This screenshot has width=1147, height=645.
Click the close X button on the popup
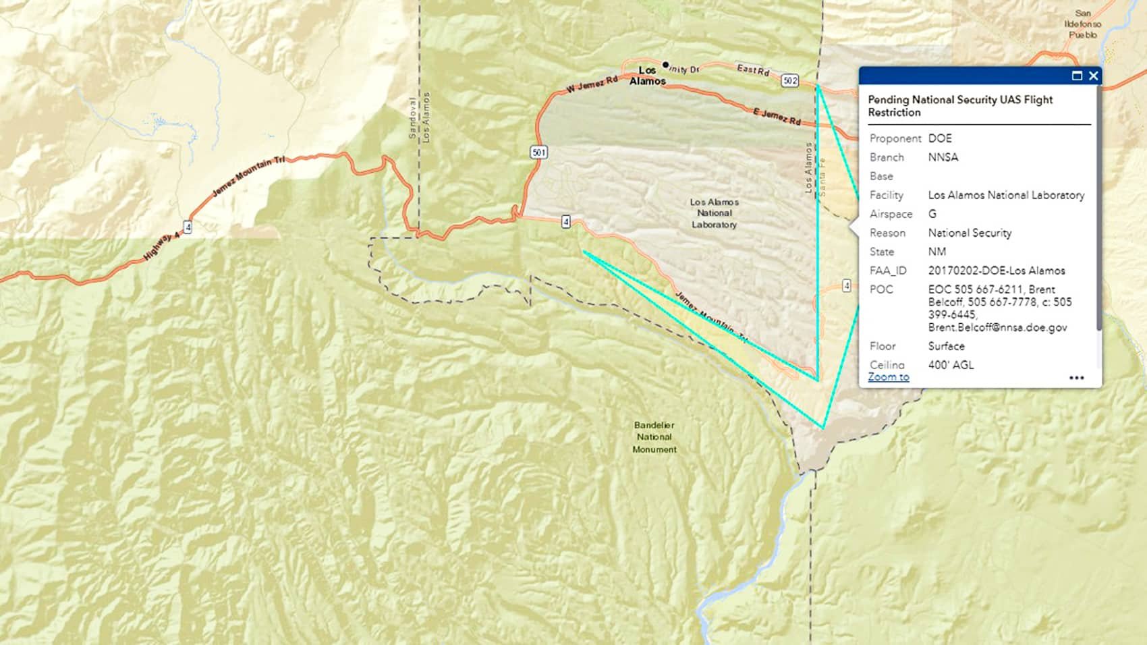point(1094,76)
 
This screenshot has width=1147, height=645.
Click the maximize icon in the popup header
point(1077,76)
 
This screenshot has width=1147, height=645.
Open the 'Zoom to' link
point(888,377)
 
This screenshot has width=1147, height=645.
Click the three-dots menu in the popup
point(1077,378)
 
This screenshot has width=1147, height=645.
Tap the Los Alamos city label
point(647,76)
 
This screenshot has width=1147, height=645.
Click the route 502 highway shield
point(790,81)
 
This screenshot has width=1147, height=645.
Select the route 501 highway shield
point(538,152)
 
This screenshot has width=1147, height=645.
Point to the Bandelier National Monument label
point(654,437)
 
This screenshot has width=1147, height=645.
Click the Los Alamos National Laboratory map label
point(714,213)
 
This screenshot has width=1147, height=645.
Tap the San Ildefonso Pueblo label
point(1082,24)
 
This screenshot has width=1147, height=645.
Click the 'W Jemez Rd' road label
point(592,84)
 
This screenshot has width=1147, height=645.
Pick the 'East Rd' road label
point(752,69)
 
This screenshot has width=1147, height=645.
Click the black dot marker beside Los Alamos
point(666,65)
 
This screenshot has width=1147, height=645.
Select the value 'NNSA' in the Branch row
point(943,157)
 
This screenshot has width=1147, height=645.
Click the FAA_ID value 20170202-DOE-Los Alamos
point(996,271)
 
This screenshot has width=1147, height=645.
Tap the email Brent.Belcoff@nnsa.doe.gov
point(997,327)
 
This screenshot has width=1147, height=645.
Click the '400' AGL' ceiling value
point(951,365)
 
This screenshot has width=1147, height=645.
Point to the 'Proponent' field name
point(895,138)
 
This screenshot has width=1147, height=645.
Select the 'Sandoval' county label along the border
point(413,118)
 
